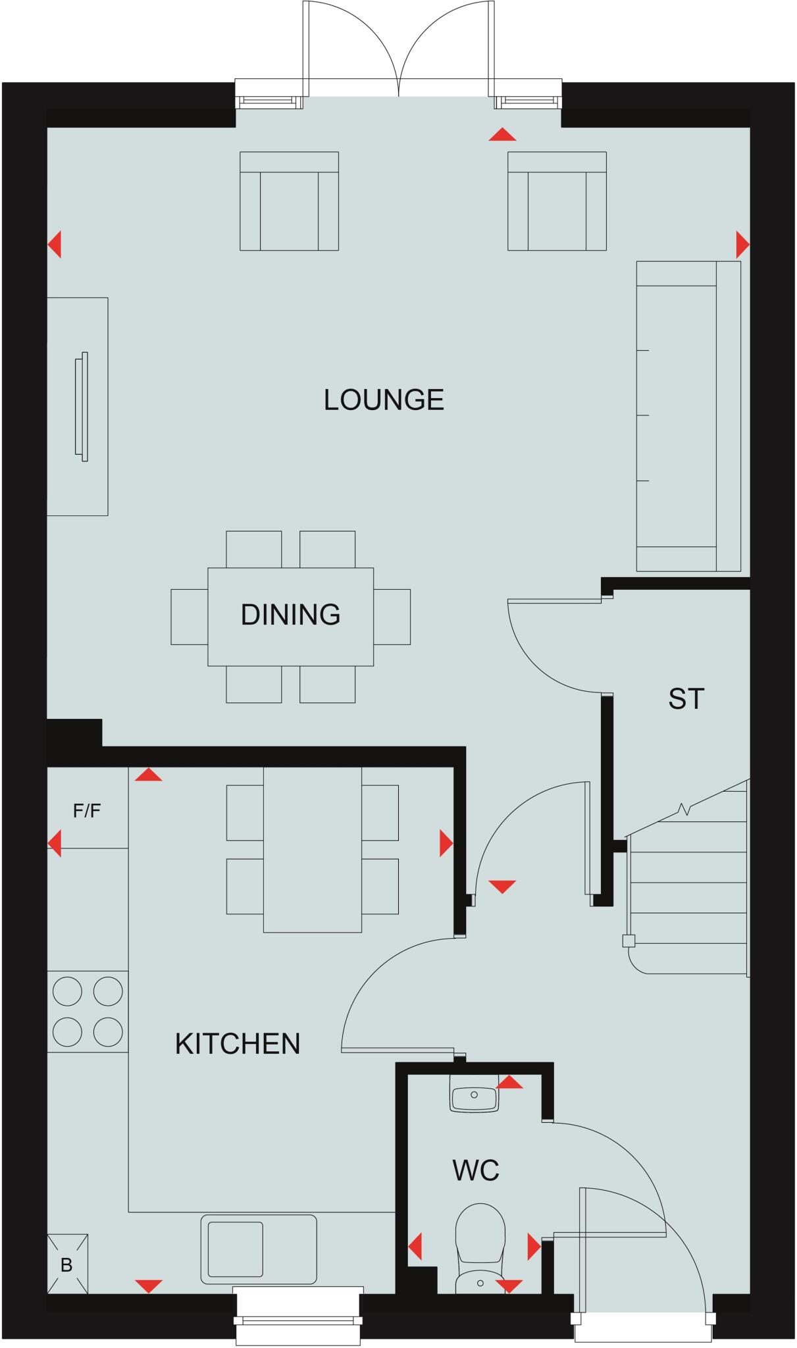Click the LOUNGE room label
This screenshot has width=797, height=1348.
coord(384,400)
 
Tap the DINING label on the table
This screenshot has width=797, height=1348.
coord(290,615)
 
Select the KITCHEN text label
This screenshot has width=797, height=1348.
coord(238,1044)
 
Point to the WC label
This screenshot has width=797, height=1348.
coord(476,1171)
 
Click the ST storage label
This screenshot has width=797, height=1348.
coord(686,699)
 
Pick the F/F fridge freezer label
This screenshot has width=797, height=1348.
coord(87,811)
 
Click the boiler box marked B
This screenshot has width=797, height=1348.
coord(67,1264)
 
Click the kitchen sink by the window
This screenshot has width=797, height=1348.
coord(258,1249)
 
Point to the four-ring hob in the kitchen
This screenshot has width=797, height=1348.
coord(88,1011)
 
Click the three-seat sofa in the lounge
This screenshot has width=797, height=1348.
coord(688,416)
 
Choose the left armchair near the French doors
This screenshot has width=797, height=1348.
coord(289,201)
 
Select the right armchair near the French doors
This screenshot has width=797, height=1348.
coord(557,201)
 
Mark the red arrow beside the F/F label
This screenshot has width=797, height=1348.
coord(55,843)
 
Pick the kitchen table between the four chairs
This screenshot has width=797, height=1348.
coord(312,849)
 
